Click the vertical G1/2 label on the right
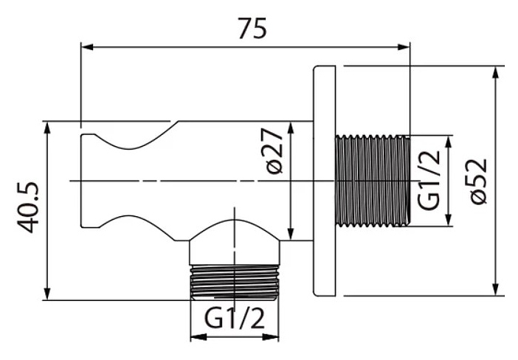click(x=429, y=180)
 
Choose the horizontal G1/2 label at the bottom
click(x=234, y=320)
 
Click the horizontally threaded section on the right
click(x=371, y=180)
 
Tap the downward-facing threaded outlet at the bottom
click(x=235, y=281)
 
